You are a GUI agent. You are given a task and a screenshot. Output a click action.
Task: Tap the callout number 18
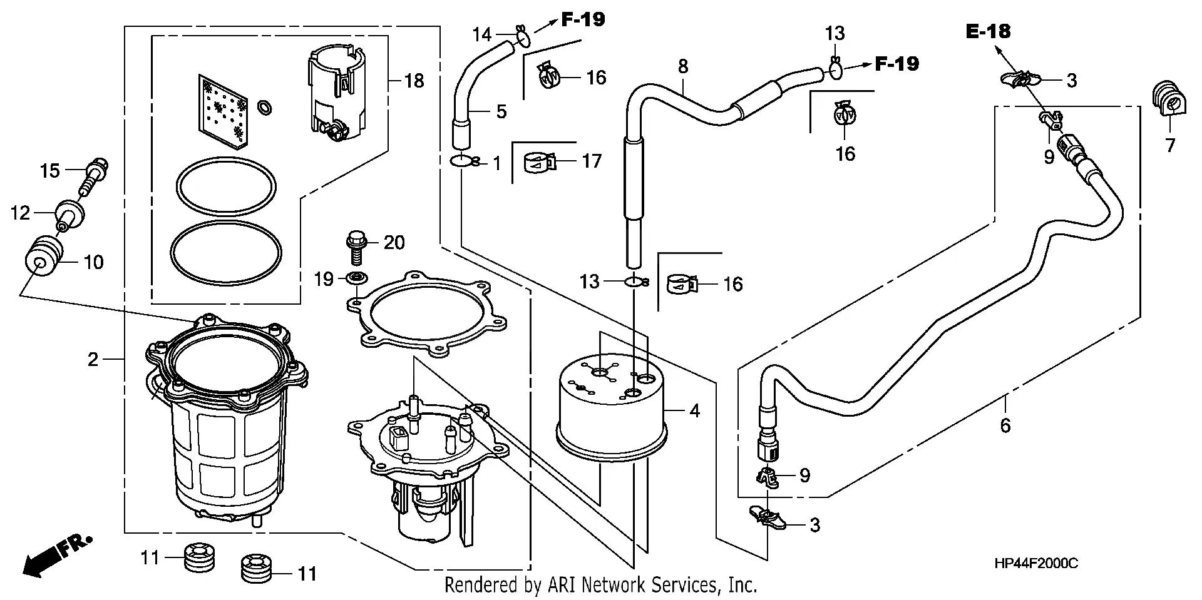(x=414, y=81)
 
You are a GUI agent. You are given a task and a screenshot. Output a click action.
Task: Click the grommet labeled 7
(x=1165, y=100)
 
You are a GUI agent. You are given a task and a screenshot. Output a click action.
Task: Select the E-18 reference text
(x=988, y=31)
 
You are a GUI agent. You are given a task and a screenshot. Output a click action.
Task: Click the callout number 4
(x=694, y=411)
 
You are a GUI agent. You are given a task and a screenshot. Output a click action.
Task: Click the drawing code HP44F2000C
(x=1035, y=563)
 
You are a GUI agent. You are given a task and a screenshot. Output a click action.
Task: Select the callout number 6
(x=1005, y=425)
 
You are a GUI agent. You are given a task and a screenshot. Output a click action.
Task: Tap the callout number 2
(x=93, y=359)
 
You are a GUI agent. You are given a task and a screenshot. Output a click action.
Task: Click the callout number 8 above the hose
(x=682, y=66)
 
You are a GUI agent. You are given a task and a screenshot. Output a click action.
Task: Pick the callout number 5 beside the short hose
(x=501, y=111)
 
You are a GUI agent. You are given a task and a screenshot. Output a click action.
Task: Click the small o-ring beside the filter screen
(x=265, y=107)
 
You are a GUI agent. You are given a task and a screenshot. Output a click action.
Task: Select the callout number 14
(x=481, y=34)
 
